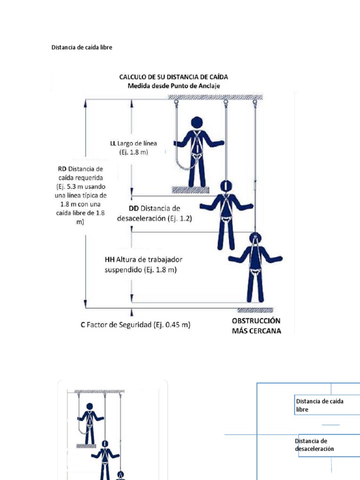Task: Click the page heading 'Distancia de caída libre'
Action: (x=82, y=47)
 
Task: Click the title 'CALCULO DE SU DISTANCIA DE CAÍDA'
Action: (x=174, y=77)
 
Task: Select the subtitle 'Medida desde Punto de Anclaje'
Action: (x=174, y=86)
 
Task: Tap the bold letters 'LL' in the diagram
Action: (x=112, y=143)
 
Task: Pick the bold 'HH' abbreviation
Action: (x=110, y=260)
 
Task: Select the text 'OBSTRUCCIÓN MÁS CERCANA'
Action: (x=256, y=326)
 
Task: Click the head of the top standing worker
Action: (x=197, y=122)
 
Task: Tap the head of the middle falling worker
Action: (x=226, y=186)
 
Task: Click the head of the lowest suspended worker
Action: (x=255, y=238)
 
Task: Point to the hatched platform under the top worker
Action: (x=190, y=190)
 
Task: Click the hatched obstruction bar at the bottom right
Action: (x=255, y=310)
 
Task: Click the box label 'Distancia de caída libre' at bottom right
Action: (x=319, y=405)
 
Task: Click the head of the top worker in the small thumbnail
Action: (x=90, y=406)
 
